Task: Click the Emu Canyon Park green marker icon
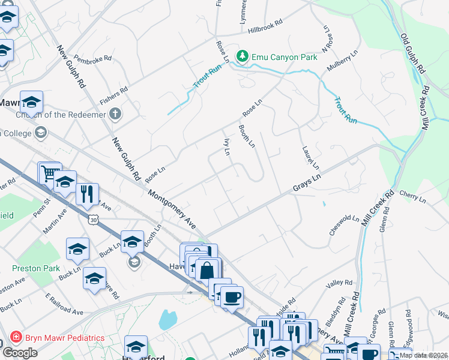(242, 56)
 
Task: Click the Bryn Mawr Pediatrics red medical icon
(14, 338)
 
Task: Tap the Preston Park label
(35, 268)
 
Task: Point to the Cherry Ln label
(411, 197)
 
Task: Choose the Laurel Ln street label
(310, 157)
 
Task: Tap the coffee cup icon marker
(232, 296)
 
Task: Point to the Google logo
(20, 352)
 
